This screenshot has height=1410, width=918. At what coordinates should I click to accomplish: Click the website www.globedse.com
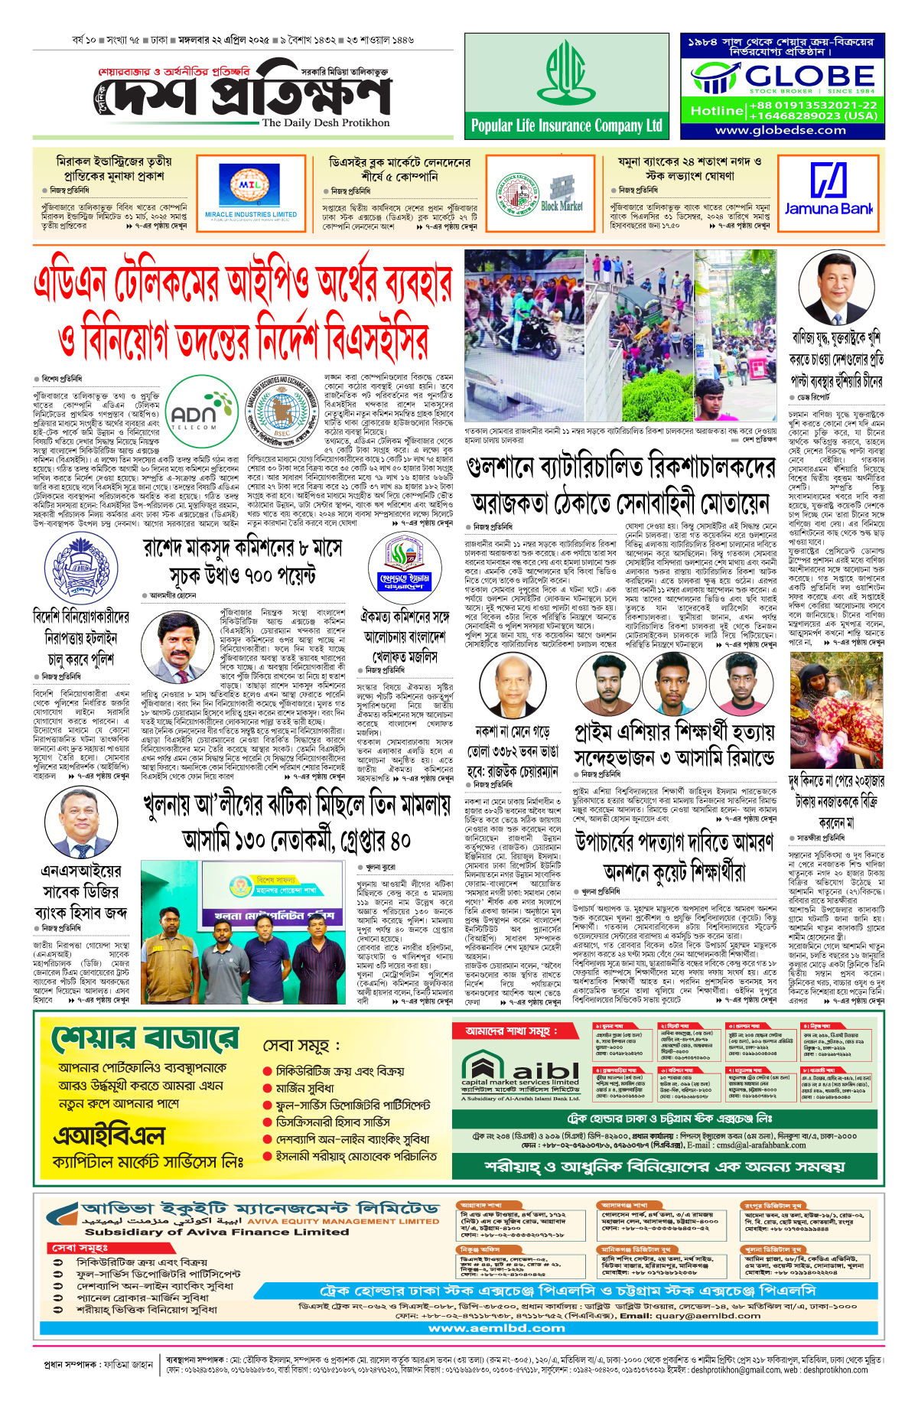pyautogui.click(x=780, y=130)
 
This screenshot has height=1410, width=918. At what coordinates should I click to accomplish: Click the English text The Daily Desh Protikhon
pyautogui.click(x=325, y=122)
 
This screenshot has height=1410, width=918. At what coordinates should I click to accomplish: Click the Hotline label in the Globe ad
pyautogui.click(x=716, y=111)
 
